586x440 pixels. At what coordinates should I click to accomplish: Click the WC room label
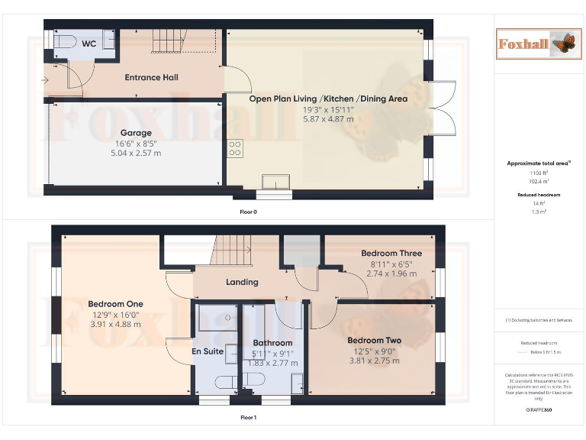89,44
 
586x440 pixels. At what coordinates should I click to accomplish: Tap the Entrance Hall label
152,77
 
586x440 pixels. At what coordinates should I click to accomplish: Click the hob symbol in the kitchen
234,147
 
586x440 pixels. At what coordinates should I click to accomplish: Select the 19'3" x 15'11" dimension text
328,109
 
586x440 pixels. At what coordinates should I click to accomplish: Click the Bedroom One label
115,304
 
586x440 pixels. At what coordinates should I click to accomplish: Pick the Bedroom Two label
374,341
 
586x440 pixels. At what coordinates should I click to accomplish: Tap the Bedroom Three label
391,254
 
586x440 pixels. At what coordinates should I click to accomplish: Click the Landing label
242,282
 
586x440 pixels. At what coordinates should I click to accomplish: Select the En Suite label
208,352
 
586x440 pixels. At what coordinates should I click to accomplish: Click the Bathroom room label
272,344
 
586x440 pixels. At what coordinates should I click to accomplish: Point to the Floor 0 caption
249,212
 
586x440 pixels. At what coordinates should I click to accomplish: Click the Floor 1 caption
249,418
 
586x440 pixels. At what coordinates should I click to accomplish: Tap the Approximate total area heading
539,163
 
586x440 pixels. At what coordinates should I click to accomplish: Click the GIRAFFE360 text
539,411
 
